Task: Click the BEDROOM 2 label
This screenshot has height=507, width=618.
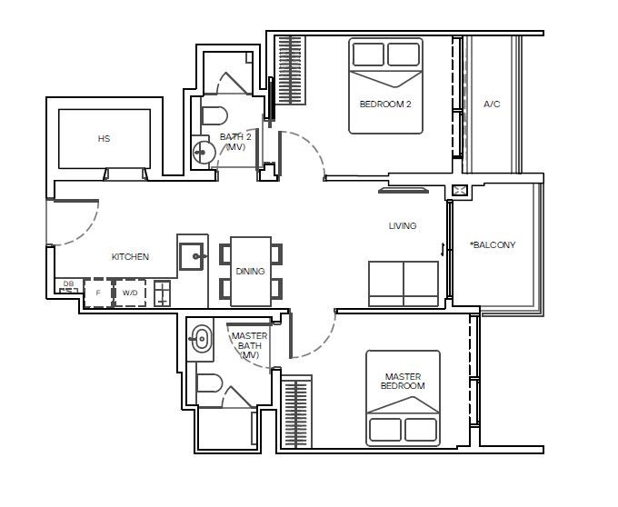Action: [x=385, y=104]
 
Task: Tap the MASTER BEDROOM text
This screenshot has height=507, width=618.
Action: [x=404, y=381]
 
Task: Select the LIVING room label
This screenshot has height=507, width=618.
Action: [x=403, y=226]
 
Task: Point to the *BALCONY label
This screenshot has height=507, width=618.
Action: [x=493, y=245]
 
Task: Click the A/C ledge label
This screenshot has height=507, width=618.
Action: [x=492, y=104]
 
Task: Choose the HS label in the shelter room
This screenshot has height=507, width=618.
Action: [x=104, y=139]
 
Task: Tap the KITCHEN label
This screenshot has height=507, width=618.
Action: [x=130, y=257]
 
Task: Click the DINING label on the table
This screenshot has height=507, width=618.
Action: [x=251, y=272]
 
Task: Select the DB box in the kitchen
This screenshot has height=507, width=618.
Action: [x=68, y=284]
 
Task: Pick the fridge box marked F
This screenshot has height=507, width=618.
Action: [x=97, y=293]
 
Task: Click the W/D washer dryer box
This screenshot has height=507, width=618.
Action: [x=130, y=293]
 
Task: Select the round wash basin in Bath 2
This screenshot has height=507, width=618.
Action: [x=204, y=151]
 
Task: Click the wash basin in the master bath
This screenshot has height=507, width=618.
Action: [x=201, y=341]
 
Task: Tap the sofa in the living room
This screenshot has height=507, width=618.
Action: [x=404, y=283]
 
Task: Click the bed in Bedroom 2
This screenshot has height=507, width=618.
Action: [x=385, y=85]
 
